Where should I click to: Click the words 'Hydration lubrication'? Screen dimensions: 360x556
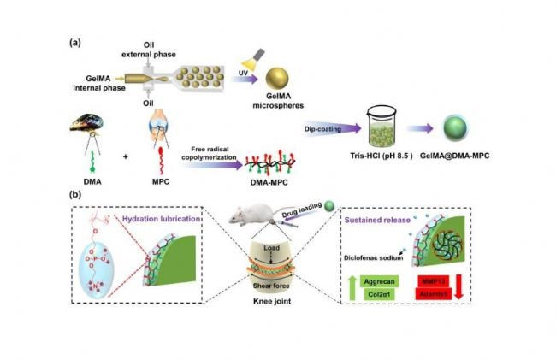(x=172, y=219)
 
